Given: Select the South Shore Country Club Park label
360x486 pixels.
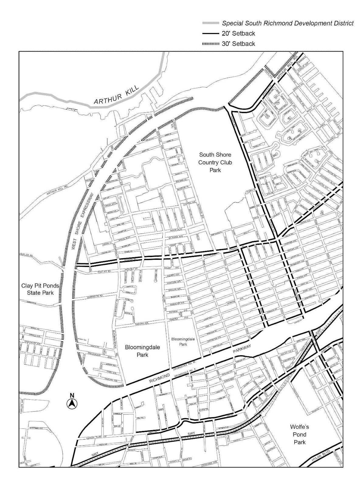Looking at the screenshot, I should tap(215, 163).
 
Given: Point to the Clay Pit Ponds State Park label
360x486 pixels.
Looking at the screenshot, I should tap(40, 289).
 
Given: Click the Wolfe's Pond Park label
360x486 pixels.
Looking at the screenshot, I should tap(299, 434).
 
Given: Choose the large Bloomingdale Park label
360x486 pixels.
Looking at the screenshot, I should tap(142, 351).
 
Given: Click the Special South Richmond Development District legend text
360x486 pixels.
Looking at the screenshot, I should tap(288, 23).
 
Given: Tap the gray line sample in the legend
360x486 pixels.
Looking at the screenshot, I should tap(211, 23).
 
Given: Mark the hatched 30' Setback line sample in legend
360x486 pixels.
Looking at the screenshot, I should tap(211, 44).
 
